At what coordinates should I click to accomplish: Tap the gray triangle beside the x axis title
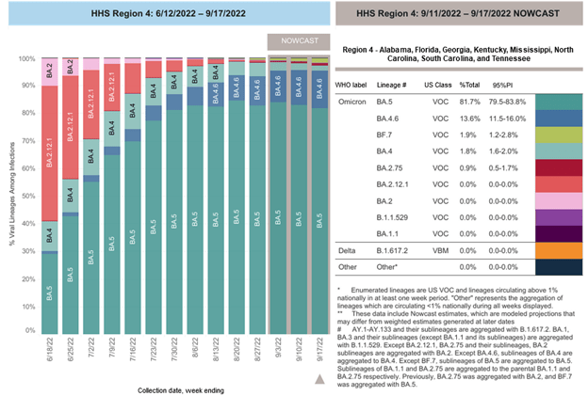click(x=318, y=379)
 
